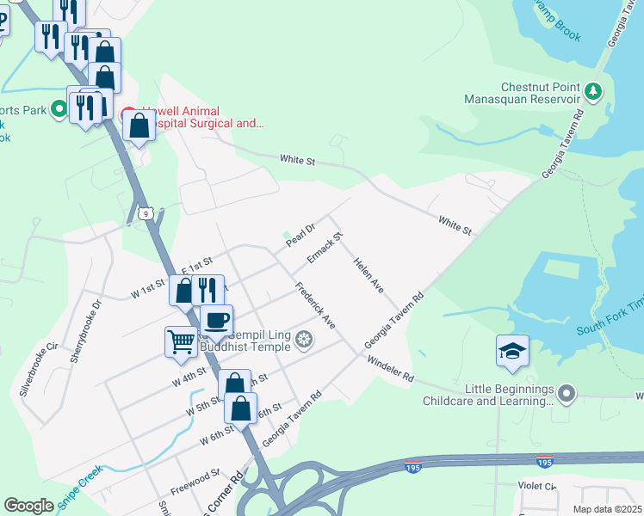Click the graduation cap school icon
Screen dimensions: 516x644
[x=512, y=351]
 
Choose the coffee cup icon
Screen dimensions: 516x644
[x=216, y=320]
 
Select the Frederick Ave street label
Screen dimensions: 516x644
[x=314, y=304]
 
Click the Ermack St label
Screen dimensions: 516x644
[x=325, y=248]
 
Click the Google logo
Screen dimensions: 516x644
[x=29, y=506]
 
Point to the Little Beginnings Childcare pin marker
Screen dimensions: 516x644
[x=566, y=394]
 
